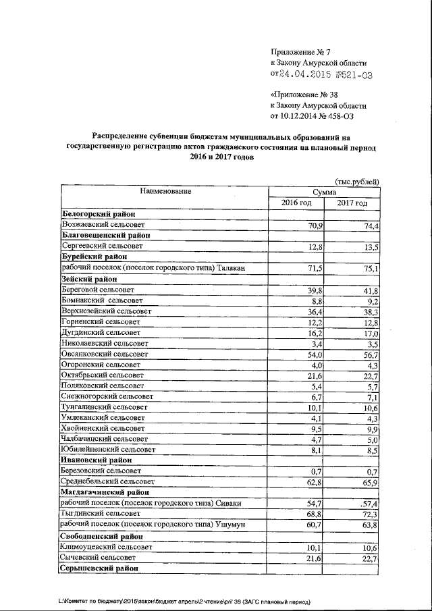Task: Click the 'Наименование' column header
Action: pos(165,191)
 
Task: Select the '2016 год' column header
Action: pos(296,203)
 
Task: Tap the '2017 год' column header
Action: pos(352,203)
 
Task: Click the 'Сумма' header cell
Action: pos(324,192)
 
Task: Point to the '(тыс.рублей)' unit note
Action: pos(356,182)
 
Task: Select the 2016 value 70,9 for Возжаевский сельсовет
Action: pos(315,225)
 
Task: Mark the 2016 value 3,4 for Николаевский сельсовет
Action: pos(317,344)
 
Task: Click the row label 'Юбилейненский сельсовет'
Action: pos(107,449)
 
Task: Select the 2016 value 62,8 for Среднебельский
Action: pos(315,482)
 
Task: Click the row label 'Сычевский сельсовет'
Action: pos(98,558)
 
